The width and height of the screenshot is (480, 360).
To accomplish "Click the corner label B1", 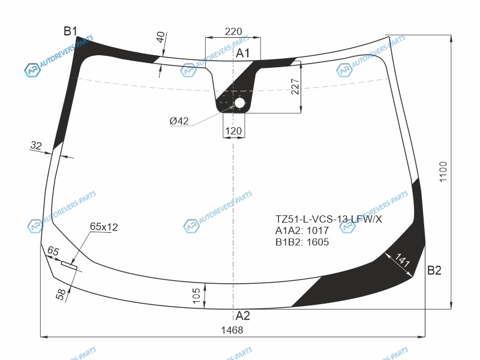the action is coord(70,31).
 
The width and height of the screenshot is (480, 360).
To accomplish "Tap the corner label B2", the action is coord(434,271).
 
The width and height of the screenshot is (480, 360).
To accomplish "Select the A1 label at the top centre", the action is coord(242,53).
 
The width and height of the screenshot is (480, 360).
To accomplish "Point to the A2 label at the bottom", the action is coord(243,316).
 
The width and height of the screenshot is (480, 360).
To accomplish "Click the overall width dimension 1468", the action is coord(232,330).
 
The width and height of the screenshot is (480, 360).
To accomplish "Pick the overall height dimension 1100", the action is coord(443,172).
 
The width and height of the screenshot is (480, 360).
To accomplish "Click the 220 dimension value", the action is coord(233,31).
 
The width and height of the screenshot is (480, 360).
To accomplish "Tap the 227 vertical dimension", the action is coord(295,86).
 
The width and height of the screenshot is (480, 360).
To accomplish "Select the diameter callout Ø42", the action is coord(179,121).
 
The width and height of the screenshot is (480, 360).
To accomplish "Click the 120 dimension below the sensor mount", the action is coord(233,131).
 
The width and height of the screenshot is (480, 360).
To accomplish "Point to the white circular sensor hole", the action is coord(239,103).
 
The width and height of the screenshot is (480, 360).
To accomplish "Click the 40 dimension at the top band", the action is coord(161,37).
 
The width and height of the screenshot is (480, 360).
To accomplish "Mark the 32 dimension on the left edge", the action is coord(36,145).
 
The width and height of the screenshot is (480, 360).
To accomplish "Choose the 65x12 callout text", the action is coord(104,227).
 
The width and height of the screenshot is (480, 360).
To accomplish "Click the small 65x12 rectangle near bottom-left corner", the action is coord(69,265).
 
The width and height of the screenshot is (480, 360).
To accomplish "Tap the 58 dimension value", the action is coord(61,294).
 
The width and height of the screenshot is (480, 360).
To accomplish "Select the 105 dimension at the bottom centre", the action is coord(196,295).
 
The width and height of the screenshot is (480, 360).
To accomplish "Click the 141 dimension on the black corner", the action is coord(402,260).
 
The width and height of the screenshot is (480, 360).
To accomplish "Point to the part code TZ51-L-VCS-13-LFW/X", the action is coord(328,219).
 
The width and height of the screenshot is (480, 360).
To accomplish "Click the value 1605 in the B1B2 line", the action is coord(317,242).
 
